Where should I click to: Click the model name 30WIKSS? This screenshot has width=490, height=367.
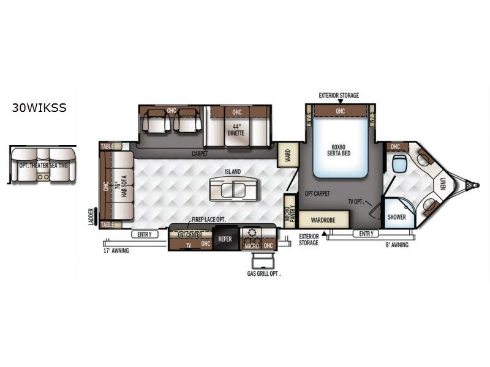[39, 108]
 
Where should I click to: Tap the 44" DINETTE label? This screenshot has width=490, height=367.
[236, 130]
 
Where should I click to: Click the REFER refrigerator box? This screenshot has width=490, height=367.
[225, 239]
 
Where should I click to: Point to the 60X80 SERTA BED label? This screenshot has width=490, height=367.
[339, 150]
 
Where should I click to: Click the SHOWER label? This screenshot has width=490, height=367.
[396, 217]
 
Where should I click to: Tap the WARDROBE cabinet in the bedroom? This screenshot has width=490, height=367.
[324, 220]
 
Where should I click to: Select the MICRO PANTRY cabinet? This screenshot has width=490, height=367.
[290, 212]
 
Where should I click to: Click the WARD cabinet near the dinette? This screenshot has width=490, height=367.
[288, 155]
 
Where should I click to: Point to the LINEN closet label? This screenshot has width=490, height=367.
[442, 183]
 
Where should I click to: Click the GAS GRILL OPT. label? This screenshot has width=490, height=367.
[264, 273]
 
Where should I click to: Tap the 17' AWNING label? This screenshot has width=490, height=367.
[116, 251]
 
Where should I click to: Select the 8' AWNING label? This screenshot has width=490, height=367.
[397, 245]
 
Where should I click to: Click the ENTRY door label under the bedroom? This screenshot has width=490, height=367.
[366, 234]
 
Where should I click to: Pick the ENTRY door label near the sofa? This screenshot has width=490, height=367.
[145, 234]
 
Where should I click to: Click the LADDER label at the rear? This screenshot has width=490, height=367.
[91, 217]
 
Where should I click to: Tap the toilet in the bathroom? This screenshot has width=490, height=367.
[399, 163]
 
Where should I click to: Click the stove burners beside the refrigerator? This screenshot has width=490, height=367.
[251, 237]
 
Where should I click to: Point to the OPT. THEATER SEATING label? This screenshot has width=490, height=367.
[43, 165]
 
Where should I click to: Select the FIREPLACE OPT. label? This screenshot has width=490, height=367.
[208, 220]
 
